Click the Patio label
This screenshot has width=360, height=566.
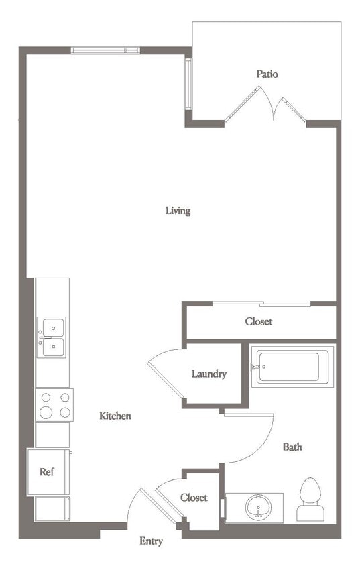click(x=267, y=74)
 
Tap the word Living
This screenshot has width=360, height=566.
click(x=178, y=211)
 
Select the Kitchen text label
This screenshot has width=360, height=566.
click(x=115, y=416)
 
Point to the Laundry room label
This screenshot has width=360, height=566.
click(x=209, y=374)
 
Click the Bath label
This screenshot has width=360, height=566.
click(x=292, y=447)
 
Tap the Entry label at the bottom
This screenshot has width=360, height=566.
click(x=151, y=541)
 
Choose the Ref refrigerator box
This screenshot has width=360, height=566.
click(x=47, y=471)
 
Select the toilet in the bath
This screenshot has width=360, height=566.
click(x=310, y=499)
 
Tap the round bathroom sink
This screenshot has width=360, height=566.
click(x=257, y=508)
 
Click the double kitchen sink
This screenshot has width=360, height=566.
click(x=52, y=337)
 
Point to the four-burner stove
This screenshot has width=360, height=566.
click(x=54, y=404)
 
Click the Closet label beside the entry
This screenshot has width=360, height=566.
click(x=194, y=498)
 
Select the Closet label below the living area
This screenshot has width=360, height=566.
click(x=259, y=321)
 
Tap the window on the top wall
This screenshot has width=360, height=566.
click(x=105, y=50)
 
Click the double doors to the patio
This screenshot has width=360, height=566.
click(x=265, y=106)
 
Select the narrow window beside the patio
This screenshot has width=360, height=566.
click(x=189, y=84)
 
